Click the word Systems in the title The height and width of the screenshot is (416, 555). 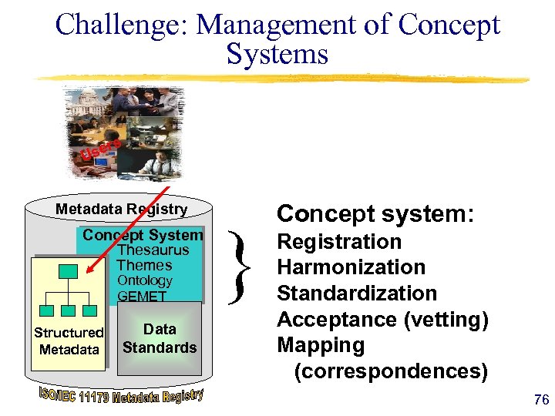pos(277,54)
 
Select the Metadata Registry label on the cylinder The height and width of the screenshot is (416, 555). pos(121,210)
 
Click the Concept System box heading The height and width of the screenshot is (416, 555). pos(143,235)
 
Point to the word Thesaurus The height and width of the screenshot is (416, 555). pos(153,250)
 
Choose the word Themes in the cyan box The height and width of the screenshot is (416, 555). pos(144,265)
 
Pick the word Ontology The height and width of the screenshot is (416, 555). pos(144,280)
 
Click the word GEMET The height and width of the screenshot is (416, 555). pos(142,296)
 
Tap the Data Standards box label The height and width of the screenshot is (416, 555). pos(160,338)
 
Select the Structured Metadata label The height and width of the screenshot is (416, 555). pos(69,341)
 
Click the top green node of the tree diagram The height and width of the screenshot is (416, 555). pos(69,270)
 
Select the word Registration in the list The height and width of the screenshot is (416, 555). pos(339,242)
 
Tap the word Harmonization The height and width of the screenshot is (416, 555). pos(351,267)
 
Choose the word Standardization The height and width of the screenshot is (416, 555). pos(356,294)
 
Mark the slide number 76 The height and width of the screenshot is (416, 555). pos(540,400)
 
